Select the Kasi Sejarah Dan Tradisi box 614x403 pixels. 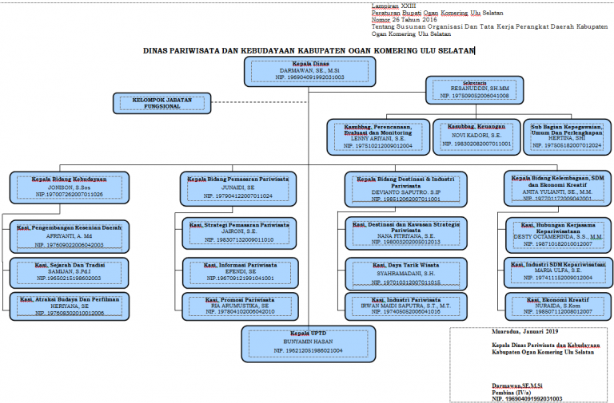(x=68, y=271)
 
